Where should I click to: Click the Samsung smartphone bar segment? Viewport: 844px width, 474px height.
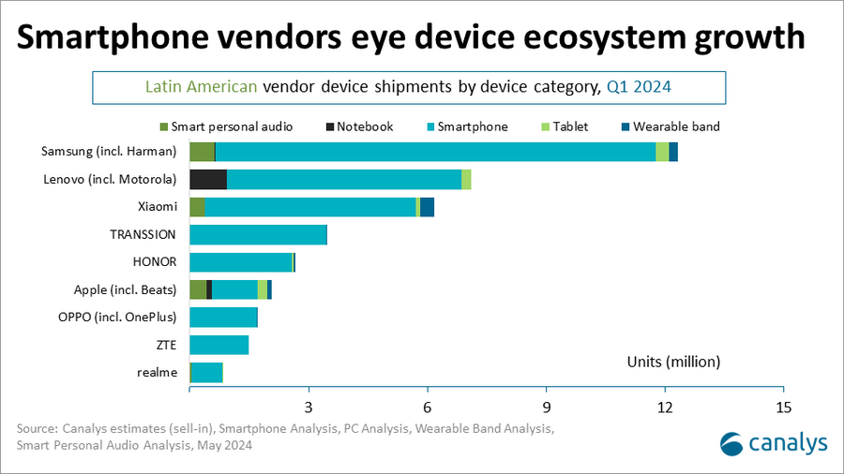click(435, 152)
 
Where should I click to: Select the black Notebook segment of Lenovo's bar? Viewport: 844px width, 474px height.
click(208, 179)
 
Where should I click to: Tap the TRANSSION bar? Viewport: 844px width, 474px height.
click(258, 234)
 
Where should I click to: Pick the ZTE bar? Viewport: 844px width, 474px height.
click(219, 345)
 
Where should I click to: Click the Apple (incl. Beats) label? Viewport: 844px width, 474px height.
click(125, 289)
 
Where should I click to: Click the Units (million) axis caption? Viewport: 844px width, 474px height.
click(672, 361)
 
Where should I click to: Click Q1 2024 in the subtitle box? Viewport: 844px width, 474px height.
click(638, 87)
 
